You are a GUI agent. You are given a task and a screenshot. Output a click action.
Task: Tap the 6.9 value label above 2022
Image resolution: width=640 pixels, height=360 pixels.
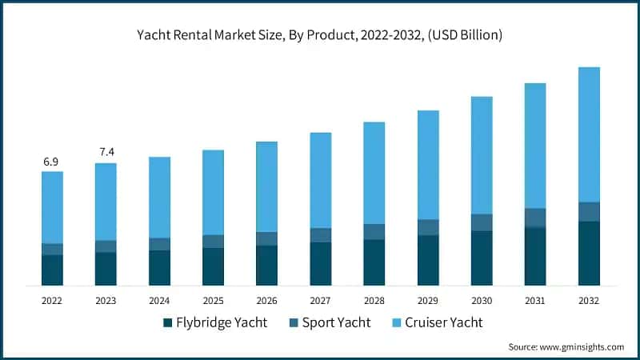click(51, 162)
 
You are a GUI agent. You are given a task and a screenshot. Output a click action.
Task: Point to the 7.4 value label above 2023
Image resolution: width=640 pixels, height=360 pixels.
click(106, 152)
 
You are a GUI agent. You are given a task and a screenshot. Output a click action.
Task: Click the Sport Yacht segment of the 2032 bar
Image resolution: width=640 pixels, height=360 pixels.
click(589, 211)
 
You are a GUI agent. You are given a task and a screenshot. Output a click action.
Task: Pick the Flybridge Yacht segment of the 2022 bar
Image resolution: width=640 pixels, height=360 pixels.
click(52, 270)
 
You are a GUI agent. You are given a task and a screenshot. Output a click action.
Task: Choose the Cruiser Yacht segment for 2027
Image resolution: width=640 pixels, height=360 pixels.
click(320, 180)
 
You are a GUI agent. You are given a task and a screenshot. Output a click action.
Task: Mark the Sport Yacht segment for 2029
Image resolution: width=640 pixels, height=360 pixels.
click(428, 227)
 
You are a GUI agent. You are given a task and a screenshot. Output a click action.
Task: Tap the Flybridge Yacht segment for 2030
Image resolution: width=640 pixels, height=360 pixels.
click(482, 258)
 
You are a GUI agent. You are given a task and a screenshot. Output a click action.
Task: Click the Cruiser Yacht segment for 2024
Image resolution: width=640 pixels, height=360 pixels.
click(159, 197)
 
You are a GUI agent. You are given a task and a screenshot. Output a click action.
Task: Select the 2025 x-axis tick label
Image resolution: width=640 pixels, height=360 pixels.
click(213, 300)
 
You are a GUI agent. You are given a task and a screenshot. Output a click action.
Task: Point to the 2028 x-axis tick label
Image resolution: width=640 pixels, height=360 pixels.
click(374, 300)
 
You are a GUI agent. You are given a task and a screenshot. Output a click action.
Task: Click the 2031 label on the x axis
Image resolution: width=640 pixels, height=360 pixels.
click(535, 300)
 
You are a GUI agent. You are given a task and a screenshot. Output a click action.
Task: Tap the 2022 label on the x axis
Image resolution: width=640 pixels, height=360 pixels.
click(52, 300)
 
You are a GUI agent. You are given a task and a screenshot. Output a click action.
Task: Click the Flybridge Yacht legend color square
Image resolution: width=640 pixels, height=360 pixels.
click(168, 323)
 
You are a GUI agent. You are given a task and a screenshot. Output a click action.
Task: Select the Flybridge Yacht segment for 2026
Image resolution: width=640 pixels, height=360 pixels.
click(266, 266)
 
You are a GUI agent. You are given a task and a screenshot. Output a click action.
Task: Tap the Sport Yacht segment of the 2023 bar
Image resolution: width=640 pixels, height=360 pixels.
click(106, 246)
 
